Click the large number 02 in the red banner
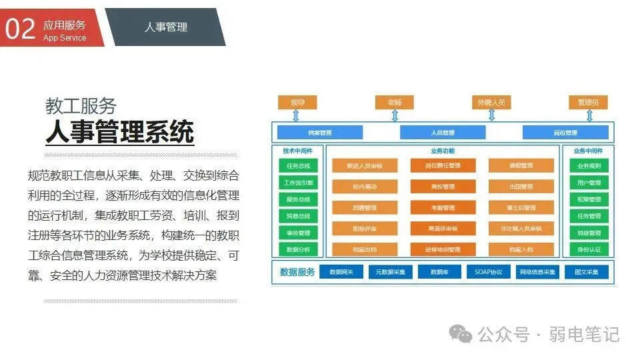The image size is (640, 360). pos(19,28)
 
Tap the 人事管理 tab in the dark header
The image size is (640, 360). pos(166,27)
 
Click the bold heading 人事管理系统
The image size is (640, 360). pos(119,131)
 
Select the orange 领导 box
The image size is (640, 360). pos(297,103)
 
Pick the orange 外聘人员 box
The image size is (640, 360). pos(491,103)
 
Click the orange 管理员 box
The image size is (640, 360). pos(588,103)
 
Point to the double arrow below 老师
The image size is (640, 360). pos(395,115)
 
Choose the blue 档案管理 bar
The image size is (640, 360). pos(320,132)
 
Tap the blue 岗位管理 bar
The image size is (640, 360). pos(565,132)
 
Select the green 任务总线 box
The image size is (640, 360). pos(298,166)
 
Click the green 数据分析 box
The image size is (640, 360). pos(298,249)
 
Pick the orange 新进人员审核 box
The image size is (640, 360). pos(365,166)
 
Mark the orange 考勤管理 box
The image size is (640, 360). pos(443,208)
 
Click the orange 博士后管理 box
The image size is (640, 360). pos(521,208)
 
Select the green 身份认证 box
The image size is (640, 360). pos(589,249)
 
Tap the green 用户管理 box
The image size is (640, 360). pos(589,183)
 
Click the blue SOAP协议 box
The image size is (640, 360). pos(489,272)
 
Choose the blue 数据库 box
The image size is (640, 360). pos(439,272)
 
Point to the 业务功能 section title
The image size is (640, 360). pos(443,151)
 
